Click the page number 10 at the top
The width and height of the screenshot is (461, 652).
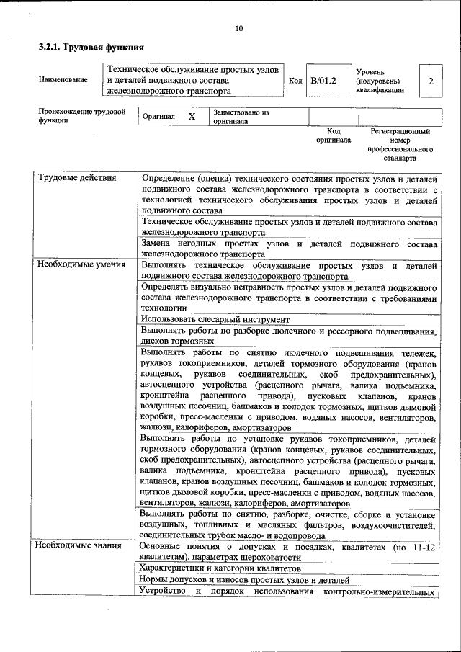click(239, 29)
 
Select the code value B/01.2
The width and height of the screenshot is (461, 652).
click(324, 81)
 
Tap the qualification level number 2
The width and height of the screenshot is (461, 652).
click(431, 81)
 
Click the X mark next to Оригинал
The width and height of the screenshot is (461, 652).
click(192, 117)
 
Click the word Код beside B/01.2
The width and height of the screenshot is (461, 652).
click(295, 81)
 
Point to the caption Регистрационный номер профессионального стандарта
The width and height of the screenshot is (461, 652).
click(400, 144)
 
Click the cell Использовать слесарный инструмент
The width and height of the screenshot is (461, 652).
click(215, 318)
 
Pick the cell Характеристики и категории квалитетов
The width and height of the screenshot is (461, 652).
click(220, 568)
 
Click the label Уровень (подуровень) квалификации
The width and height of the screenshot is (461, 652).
click(380, 81)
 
